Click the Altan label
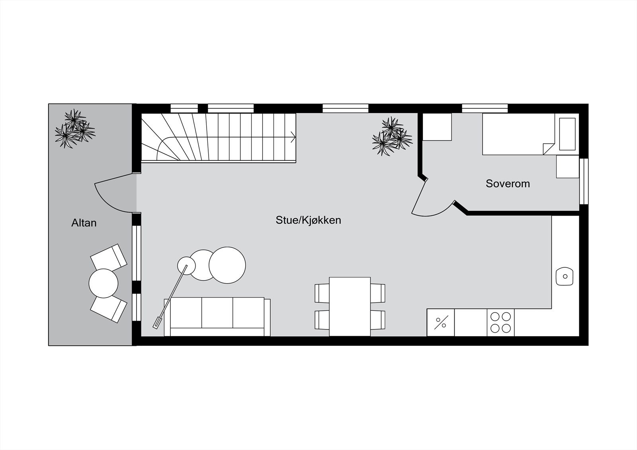tap(84, 223)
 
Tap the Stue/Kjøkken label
tap(308, 220)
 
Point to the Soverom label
tap(508, 184)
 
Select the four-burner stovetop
tap(500, 322)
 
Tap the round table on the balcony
tap(104, 283)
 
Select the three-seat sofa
tap(217, 317)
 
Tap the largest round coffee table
tap(227, 265)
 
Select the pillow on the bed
tap(567, 134)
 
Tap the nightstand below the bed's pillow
tap(567, 166)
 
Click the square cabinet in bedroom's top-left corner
tap(437, 127)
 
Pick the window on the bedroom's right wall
tap(584, 181)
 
